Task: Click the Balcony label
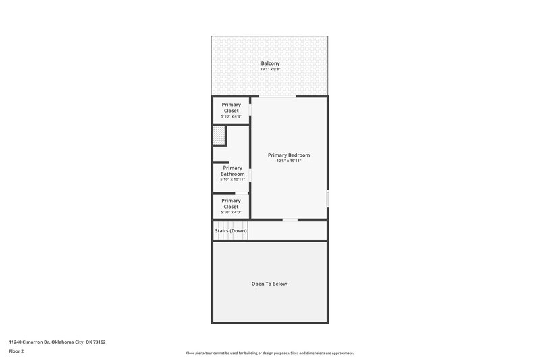pos(270,63)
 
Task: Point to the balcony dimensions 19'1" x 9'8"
pos(270,69)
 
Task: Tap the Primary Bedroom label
pos(289,155)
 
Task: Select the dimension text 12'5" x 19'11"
pos(289,161)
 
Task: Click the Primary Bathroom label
pos(232,171)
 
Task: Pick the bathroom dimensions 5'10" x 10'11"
pos(232,180)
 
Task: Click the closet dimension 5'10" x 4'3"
pos(232,117)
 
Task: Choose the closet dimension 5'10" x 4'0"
pos(232,212)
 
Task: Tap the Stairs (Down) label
pos(231,231)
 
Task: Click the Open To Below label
pos(269,284)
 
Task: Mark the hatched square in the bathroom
pos(219,135)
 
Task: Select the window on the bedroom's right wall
pos(328,199)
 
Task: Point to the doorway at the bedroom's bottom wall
pos(290,220)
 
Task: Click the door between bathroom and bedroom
pos(250,175)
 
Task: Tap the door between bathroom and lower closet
pos(240,194)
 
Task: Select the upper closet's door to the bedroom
pos(250,110)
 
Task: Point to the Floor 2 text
pos(16,351)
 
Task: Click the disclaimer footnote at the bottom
pos(270,353)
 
